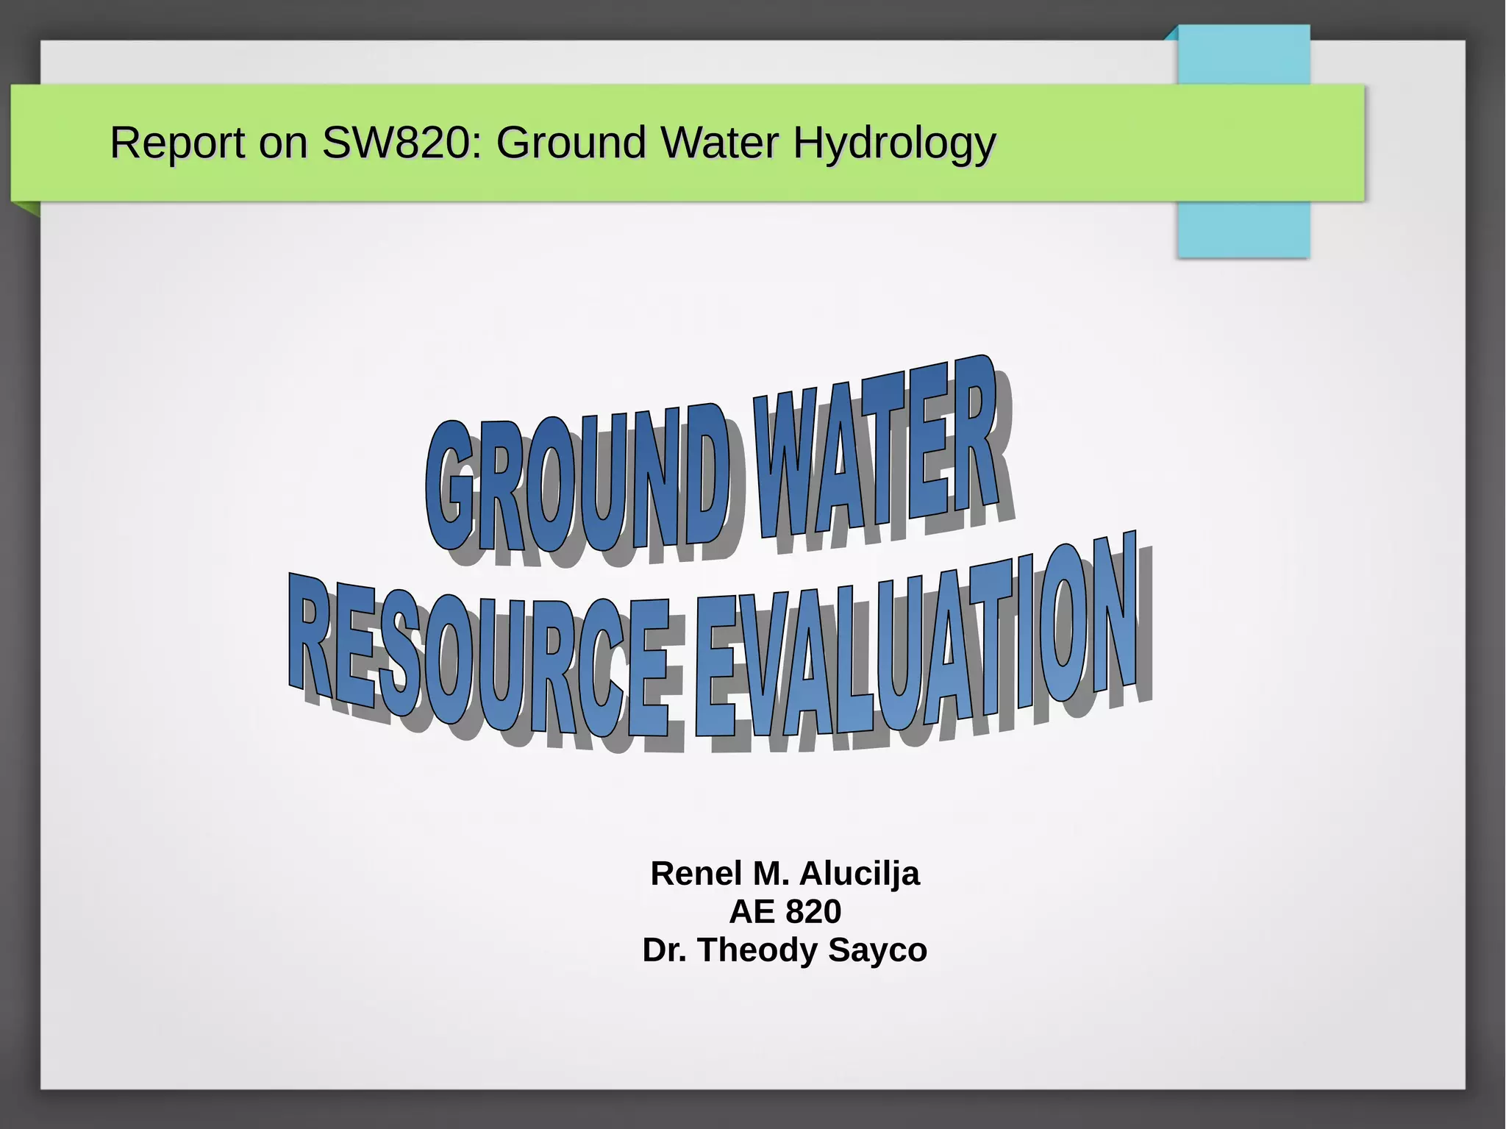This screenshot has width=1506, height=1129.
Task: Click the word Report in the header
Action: (177, 143)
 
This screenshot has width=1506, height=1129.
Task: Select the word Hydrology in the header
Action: (894, 143)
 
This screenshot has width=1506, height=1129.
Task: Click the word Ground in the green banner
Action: (571, 143)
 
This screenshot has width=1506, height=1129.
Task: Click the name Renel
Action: (696, 874)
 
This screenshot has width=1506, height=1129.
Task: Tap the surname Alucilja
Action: (859, 874)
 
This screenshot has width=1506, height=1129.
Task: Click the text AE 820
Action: (785, 912)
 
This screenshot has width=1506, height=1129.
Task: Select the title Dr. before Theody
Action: (665, 950)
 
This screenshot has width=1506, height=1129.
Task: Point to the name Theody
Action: (758, 950)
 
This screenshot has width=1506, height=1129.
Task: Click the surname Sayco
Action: (877, 950)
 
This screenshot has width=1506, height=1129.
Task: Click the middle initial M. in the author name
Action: (771, 874)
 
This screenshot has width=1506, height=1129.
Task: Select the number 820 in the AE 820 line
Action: (813, 912)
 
